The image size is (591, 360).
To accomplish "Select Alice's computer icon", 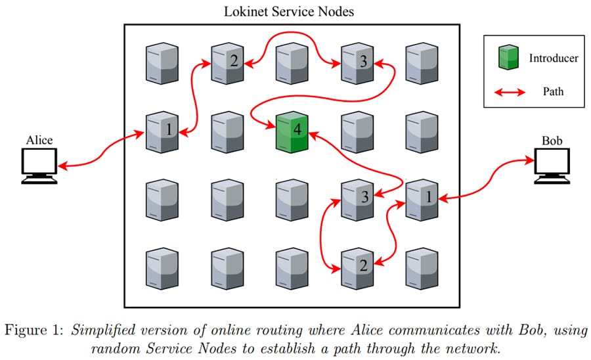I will click(39, 165).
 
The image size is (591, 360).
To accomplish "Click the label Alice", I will click(39, 140).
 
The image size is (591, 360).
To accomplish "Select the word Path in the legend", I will click(554, 92).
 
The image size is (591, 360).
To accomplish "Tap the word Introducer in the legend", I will click(554, 58).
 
